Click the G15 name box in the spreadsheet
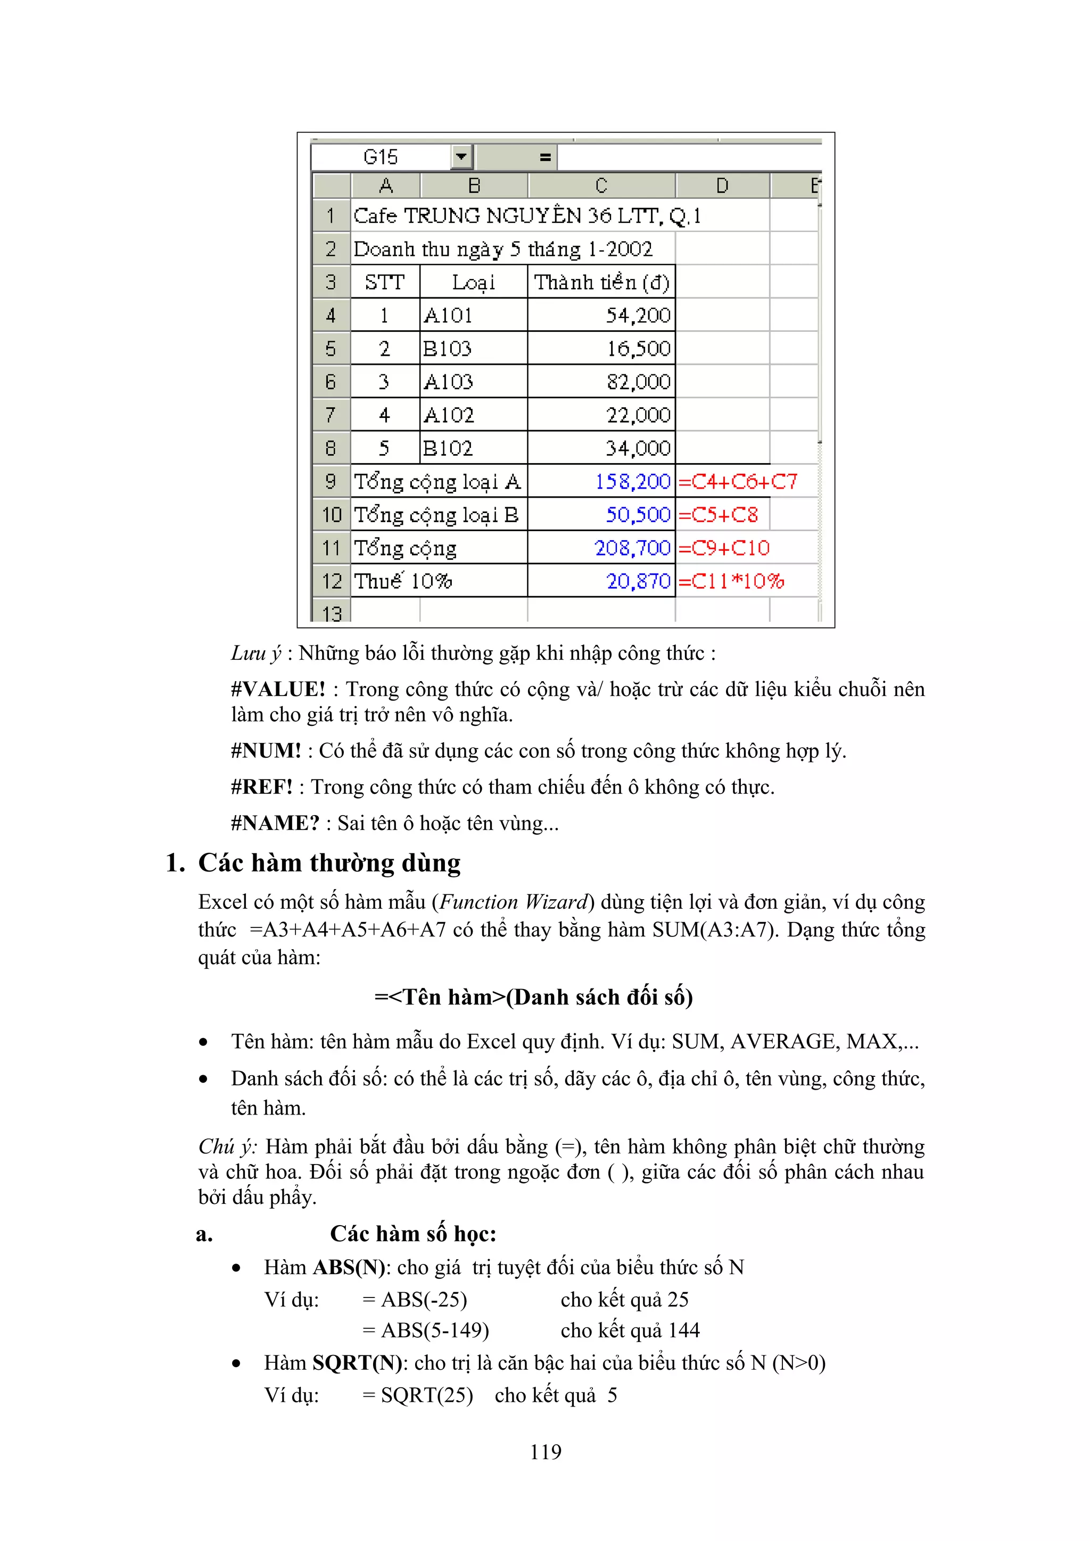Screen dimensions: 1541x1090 (381, 157)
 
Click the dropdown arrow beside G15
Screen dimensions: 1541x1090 (461, 157)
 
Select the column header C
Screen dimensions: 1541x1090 (601, 185)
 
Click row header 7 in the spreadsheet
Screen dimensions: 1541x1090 (331, 415)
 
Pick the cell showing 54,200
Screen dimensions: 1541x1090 (638, 315)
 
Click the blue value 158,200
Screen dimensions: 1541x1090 (633, 481)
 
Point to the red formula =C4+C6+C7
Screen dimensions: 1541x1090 (738, 481)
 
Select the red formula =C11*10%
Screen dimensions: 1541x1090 (731, 581)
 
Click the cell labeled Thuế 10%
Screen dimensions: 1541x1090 (403, 581)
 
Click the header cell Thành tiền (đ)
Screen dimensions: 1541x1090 (601, 282)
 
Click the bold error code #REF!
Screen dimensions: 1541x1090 (262, 786)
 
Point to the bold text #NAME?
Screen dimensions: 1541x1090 (275, 823)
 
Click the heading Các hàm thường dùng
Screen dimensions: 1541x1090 (329, 863)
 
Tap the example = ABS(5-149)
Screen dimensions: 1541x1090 (426, 1330)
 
